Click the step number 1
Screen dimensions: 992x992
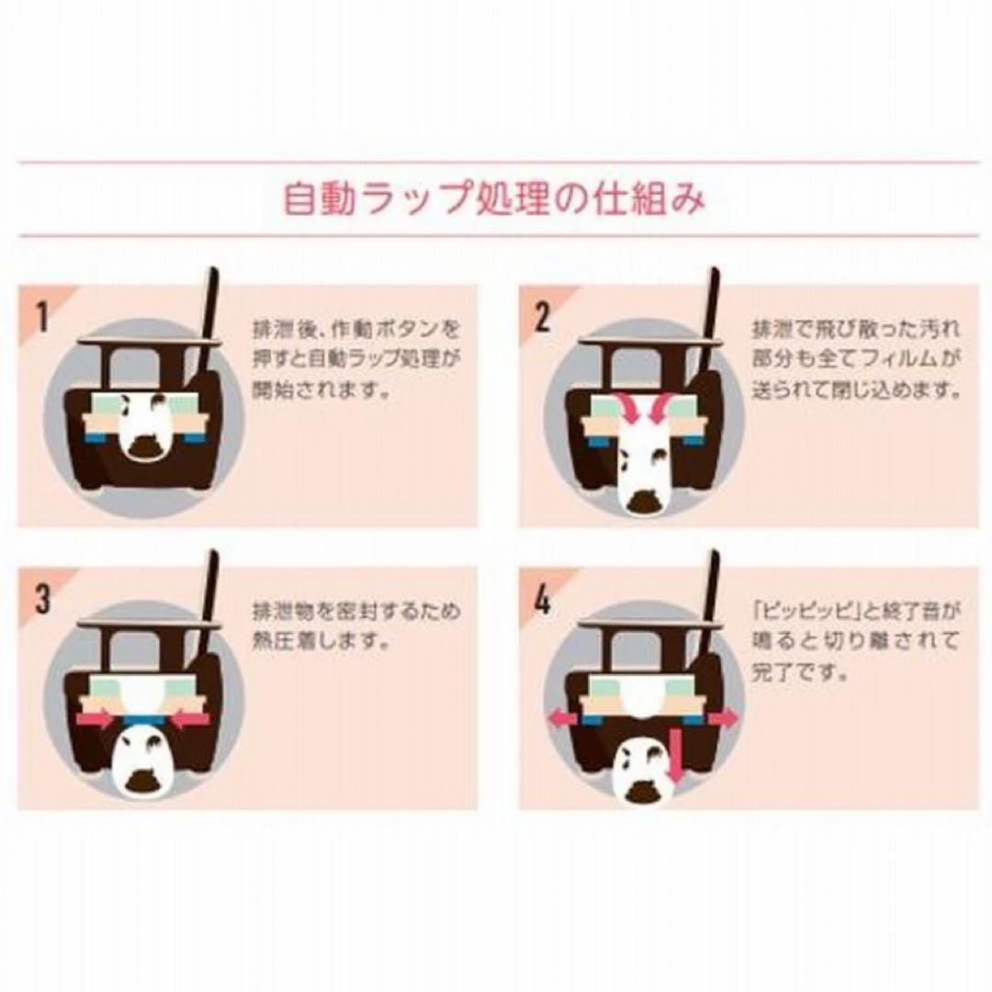[x=41, y=315]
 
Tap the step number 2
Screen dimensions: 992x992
[x=543, y=315]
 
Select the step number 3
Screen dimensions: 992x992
[x=41, y=598]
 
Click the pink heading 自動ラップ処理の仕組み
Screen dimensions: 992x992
[x=495, y=198]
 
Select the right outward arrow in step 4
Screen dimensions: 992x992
[x=721, y=718]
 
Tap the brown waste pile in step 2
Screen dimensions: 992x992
[x=643, y=500]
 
